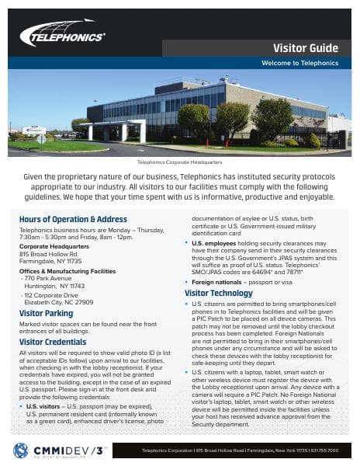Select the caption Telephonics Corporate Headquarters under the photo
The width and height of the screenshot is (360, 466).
coord(179,163)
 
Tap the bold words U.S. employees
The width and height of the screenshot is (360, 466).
coord(215,244)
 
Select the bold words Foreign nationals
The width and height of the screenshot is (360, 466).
coord(220,283)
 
